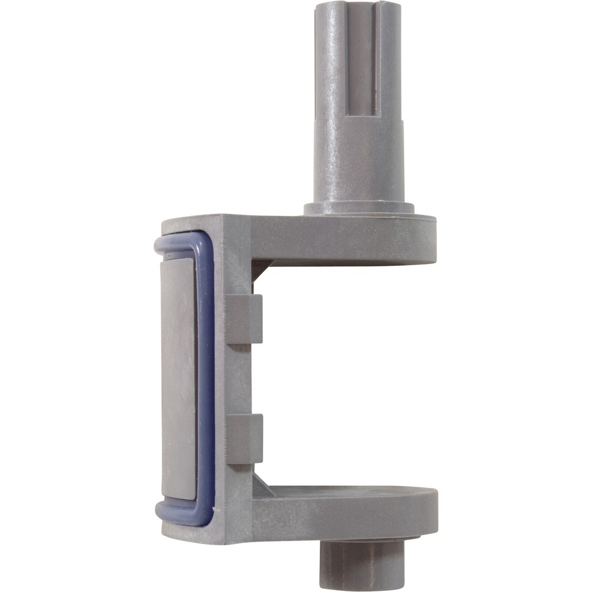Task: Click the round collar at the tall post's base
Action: (359, 208)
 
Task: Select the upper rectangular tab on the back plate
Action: (244, 318)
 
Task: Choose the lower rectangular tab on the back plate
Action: (244, 438)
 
